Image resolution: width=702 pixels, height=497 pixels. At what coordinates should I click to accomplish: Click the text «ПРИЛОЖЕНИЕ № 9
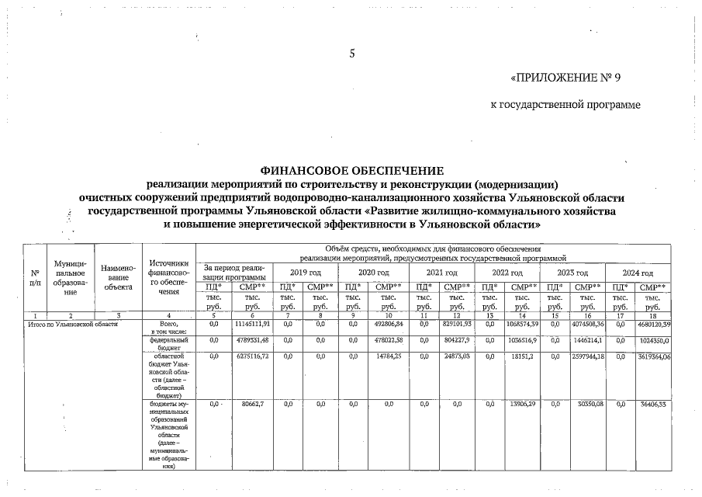[566, 78]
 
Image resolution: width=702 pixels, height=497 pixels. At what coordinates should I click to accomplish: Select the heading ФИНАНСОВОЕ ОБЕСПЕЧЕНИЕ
[351, 170]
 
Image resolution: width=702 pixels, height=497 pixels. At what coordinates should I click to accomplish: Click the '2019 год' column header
[305, 273]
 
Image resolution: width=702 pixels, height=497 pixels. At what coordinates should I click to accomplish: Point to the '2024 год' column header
[641, 273]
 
